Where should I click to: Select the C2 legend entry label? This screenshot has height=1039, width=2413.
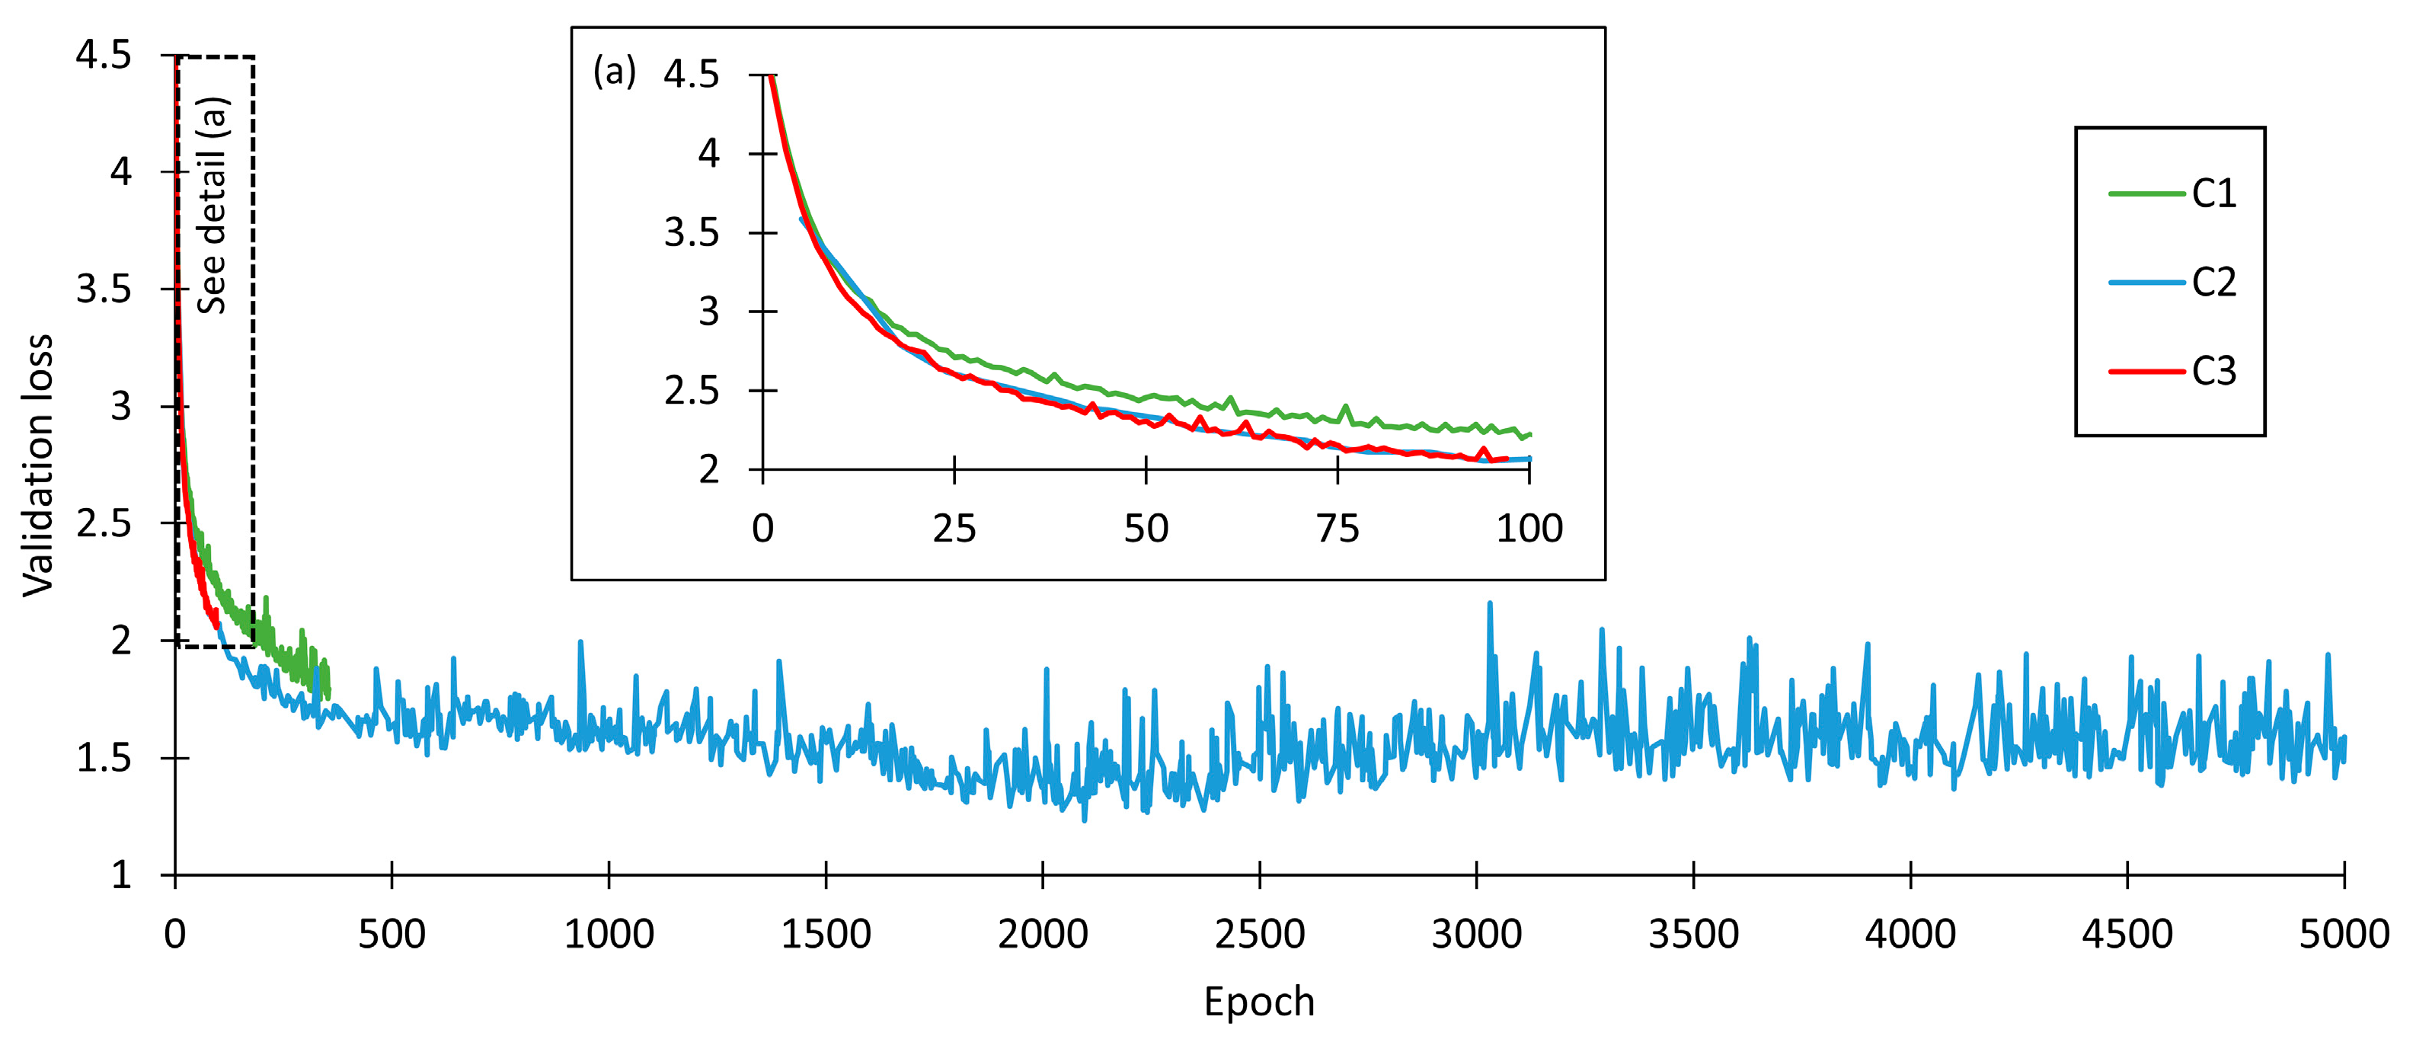(x=2213, y=282)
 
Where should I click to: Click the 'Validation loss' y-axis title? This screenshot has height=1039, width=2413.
(x=38, y=465)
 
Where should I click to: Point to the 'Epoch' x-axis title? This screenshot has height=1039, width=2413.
(x=1259, y=1002)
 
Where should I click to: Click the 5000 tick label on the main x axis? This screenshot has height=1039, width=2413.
(x=2344, y=934)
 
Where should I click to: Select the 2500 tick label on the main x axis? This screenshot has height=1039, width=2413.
(x=1259, y=934)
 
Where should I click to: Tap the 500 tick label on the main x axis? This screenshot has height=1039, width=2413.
(x=392, y=934)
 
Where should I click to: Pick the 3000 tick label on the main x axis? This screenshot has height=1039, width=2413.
(x=1476, y=934)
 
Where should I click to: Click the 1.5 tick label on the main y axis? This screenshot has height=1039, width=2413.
(x=104, y=758)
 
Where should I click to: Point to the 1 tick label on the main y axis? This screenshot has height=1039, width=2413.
(x=121, y=875)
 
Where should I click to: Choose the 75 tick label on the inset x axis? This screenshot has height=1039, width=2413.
(x=1337, y=529)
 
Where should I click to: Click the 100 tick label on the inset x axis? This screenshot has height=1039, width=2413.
(x=1529, y=529)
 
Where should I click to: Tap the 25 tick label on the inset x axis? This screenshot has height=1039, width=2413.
(x=954, y=529)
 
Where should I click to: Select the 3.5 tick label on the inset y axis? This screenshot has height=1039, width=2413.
(x=692, y=232)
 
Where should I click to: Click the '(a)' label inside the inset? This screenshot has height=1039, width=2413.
(x=615, y=71)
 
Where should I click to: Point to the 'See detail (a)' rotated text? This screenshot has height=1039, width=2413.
(x=213, y=205)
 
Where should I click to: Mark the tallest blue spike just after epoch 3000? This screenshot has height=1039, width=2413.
(x=1489, y=604)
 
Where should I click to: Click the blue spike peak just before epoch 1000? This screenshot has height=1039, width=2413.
(x=580, y=643)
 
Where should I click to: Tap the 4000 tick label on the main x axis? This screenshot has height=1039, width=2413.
(x=1910, y=934)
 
